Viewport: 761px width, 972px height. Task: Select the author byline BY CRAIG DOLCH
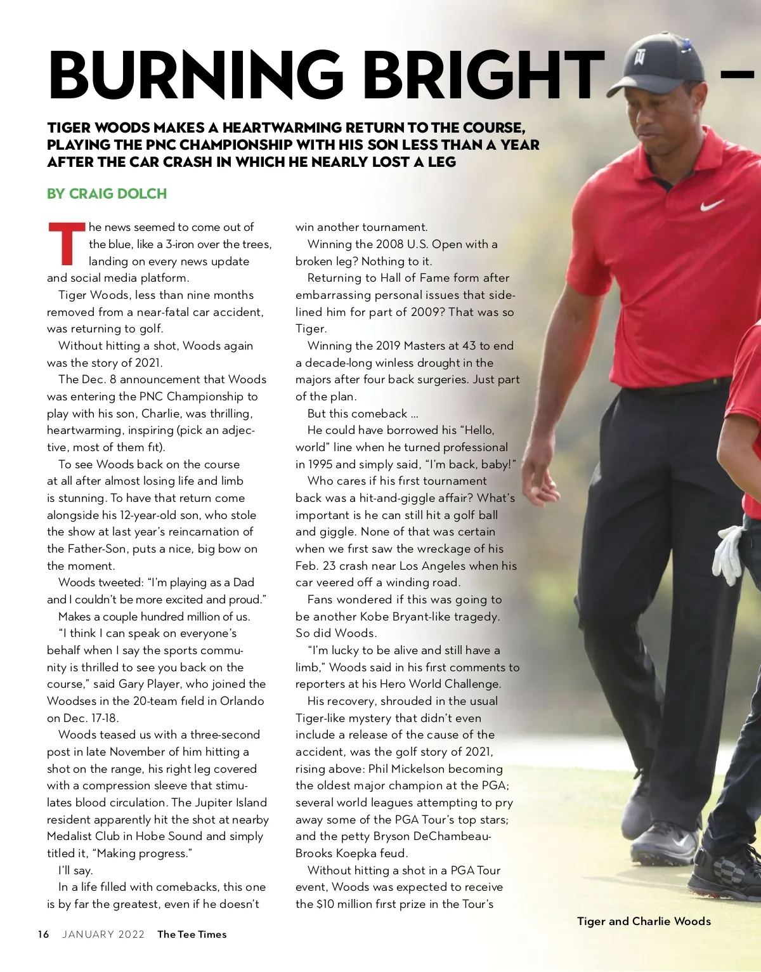point(107,194)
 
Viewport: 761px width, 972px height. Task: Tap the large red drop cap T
point(65,244)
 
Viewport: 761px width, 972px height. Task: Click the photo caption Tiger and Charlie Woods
point(644,921)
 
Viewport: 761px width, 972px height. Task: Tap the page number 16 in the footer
point(43,934)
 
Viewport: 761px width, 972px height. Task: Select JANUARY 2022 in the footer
point(103,934)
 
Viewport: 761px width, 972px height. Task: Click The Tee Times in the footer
point(192,934)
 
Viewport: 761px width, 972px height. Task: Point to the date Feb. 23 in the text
point(315,566)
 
